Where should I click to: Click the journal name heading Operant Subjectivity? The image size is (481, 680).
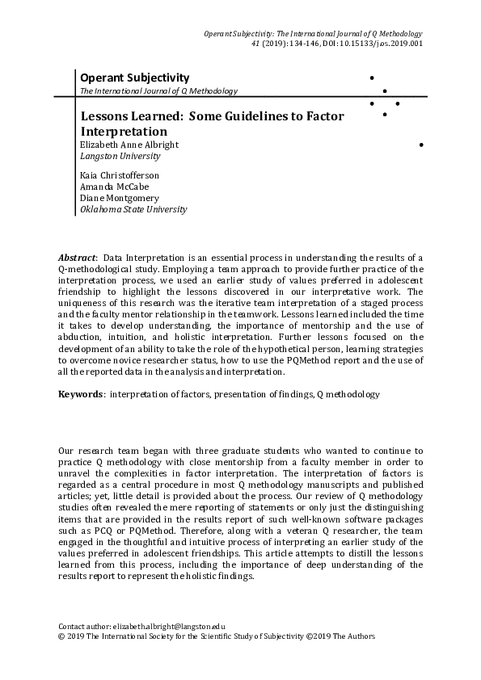(x=134, y=78)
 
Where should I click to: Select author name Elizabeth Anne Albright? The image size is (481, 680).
(x=129, y=145)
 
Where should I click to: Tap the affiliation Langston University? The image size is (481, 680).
(x=120, y=156)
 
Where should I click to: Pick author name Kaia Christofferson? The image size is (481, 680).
(x=119, y=175)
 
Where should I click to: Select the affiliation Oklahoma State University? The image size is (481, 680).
(x=133, y=209)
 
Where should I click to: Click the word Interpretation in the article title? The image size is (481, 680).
(x=124, y=131)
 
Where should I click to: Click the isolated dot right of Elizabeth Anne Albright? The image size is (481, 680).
(x=422, y=145)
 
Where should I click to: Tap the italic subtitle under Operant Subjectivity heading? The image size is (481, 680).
(x=158, y=91)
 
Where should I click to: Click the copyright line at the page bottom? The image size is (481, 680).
(x=217, y=636)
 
